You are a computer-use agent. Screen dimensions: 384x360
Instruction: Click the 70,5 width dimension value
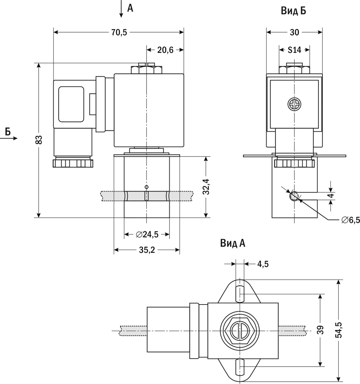(x=119, y=32)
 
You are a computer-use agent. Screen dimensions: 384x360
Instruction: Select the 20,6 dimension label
(x=165, y=50)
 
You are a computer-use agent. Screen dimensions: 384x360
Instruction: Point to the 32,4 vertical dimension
(x=206, y=187)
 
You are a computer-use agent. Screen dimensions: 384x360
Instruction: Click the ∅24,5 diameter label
(x=147, y=235)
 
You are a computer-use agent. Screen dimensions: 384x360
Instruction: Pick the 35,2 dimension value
(x=147, y=250)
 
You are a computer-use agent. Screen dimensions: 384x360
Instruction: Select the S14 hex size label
(x=294, y=50)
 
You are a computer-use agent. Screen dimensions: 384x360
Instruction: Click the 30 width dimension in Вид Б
(x=294, y=33)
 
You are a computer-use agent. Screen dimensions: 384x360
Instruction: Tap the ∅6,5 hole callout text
(x=351, y=220)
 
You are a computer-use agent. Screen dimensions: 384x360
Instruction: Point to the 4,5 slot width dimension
(x=263, y=264)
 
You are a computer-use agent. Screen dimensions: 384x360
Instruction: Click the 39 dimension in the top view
(x=320, y=330)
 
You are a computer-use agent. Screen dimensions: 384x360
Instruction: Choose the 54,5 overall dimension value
(x=339, y=330)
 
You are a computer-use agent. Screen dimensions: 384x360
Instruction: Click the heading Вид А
(x=233, y=244)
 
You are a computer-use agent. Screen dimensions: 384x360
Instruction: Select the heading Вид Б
(x=293, y=11)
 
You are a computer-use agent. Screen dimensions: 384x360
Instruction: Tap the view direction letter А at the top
(x=130, y=8)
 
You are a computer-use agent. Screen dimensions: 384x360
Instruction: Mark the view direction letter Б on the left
(x=8, y=131)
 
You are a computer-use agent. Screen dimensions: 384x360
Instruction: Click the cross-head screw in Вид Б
(x=294, y=104)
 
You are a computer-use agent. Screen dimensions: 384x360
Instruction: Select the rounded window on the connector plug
(x=71, y=104)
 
